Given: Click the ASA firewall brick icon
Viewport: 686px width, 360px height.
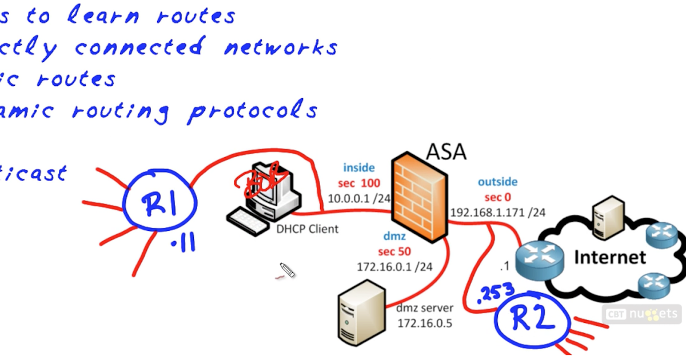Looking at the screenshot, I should click(420, 197).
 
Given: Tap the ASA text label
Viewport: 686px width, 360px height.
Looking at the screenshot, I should click(446, 151).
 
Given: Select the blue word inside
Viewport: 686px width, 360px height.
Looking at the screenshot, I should click(358, 168).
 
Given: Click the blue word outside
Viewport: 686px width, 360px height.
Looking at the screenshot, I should click(497, 182).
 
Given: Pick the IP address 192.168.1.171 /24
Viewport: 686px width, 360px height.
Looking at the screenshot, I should click(497, 213).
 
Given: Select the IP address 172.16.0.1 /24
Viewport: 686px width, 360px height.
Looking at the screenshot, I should click(386, 266).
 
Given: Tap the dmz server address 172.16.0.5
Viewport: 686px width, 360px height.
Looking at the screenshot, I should click(425, 323).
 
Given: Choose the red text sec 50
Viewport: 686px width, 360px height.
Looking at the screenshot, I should click(394, 251).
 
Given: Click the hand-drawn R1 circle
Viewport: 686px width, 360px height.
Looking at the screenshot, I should click(161, 205).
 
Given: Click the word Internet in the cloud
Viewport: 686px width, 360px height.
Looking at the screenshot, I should click(609, 257).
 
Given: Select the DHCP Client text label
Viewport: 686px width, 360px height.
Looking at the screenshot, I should click(308, 229).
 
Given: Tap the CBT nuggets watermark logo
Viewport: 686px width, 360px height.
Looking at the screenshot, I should click(642, 314).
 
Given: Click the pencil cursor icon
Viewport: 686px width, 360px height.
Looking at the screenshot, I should click(287, 270).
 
